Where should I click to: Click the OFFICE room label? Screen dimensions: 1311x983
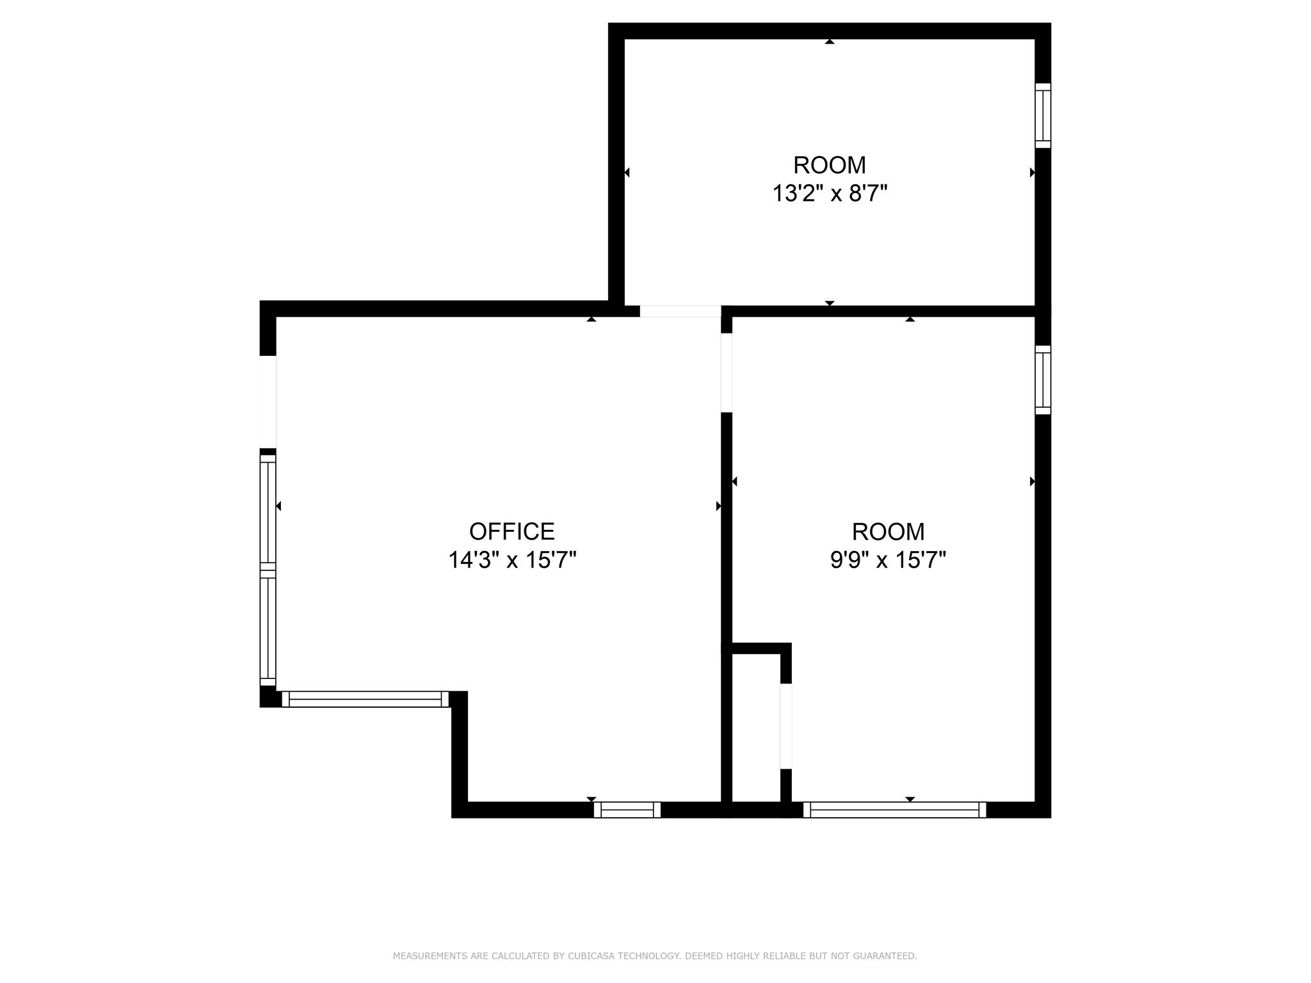coord(512,532)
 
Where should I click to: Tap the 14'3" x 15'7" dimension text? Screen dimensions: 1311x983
coord(512,561)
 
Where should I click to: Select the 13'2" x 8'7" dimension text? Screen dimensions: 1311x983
coord(830,193)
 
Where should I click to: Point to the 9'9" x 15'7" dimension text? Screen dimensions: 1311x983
coord(888,561)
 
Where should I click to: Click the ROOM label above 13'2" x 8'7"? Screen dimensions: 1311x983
coord(830,165)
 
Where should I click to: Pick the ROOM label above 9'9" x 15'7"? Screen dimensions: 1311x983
coord(888,532)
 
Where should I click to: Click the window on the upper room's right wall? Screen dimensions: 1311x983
coord(1043,116)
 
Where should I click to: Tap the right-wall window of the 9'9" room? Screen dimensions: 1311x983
coord(1043,380)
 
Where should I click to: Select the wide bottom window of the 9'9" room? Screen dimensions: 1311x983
coord(894,810)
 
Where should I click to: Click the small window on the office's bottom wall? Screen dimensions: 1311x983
coord(627,810)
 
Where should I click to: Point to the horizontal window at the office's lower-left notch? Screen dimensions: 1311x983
coord(365,699)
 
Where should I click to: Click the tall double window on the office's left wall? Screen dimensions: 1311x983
coord(268,570)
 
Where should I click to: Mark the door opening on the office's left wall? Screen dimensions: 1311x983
coord(268,402)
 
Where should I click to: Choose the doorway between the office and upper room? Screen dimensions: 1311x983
coord(680,311)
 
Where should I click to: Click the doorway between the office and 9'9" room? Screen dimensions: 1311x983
coord(727,373)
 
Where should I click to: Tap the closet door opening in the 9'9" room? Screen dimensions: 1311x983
coord(786,726)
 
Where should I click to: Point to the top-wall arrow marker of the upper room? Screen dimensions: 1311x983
coord(830,42)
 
